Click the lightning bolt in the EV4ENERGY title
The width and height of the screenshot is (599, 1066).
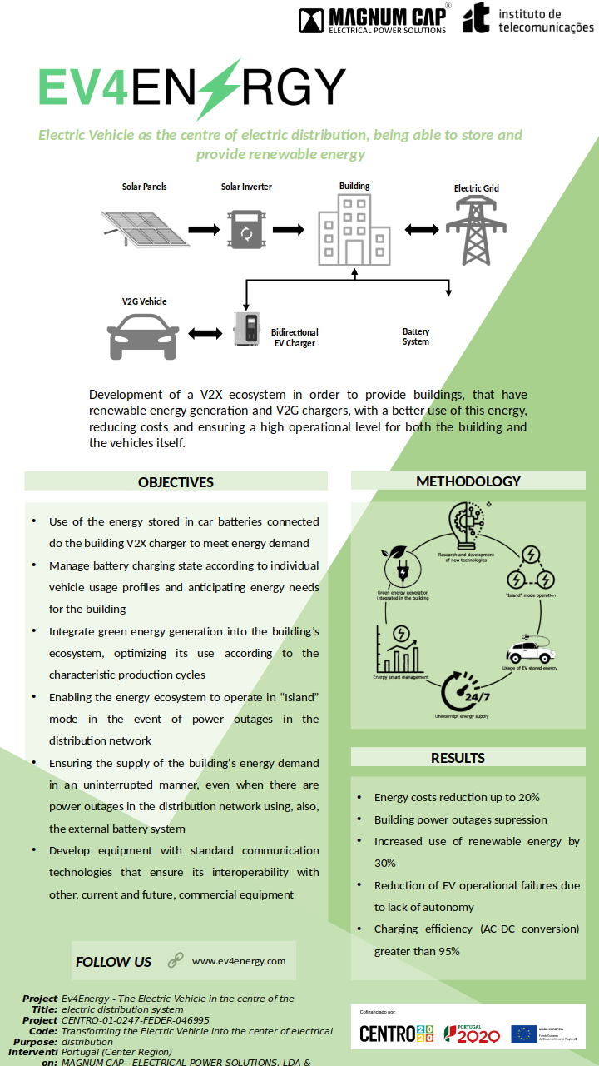coord(218,89)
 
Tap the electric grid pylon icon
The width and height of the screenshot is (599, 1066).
coord(476,230)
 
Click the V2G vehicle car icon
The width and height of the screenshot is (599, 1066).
coord(144,335)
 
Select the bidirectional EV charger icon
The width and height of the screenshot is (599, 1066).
coord(247,330)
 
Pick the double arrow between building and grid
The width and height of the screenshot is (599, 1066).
coord(420,229)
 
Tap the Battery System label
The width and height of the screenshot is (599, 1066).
coord(416,336)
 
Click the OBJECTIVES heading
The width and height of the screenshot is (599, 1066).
coord(176,482)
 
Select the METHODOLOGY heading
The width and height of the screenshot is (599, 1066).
coord(468,481)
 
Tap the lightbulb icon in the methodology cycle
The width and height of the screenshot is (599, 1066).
coord(466,526)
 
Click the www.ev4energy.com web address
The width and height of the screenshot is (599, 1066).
coord(239,961)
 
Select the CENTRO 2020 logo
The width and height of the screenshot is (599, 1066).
coord(397,1034)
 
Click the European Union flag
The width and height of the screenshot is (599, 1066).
coord(523,1034)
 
